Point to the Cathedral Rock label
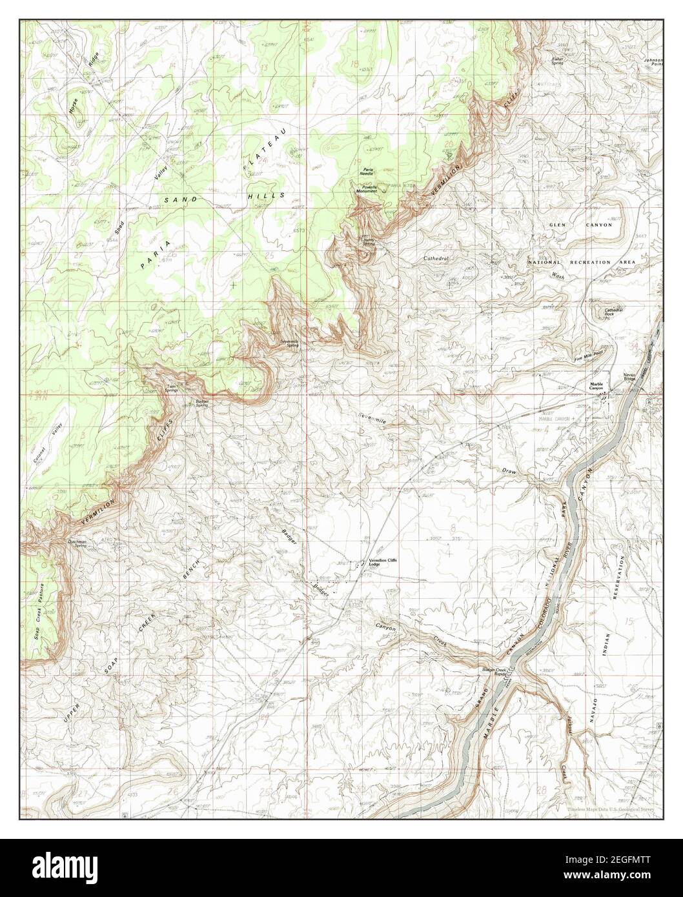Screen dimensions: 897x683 coord(613,312)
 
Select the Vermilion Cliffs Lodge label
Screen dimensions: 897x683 coord(382,561)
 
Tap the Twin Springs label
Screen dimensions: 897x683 coord(172,388)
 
